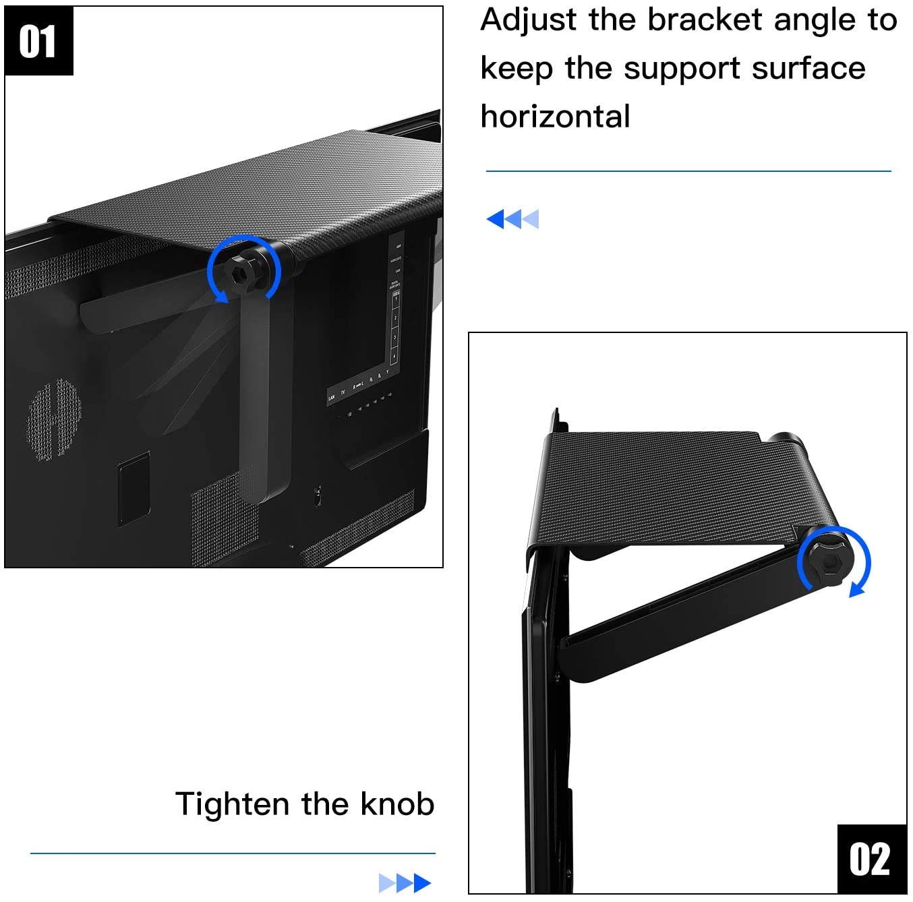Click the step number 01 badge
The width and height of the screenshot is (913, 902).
pos(38,41)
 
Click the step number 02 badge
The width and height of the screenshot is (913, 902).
pos(871,859)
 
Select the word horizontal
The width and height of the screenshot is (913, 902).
pos(555,117)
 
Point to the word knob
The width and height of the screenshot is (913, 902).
pos(397,804)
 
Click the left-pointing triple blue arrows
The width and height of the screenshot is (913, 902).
pos(512,218)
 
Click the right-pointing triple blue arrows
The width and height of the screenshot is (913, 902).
pos(405,882)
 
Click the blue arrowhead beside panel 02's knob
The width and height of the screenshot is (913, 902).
pos(856,591)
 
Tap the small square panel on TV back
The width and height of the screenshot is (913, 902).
pos(134,489)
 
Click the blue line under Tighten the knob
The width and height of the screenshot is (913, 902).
pos(233,853)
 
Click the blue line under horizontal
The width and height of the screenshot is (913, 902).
pos(688,171)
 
